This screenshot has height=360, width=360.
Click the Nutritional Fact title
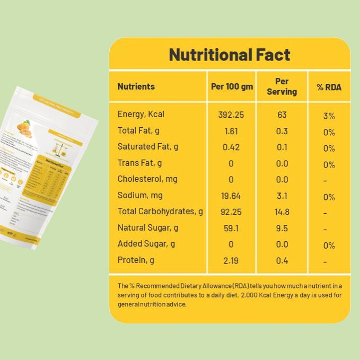pyautogui.click(x=230, y=55)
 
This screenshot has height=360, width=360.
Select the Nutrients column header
pyautogui.click(x=136, y=86)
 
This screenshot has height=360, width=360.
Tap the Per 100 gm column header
pyautogui.click(x=232, y=86)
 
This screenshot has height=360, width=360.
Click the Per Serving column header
pyautogui.click(x=282, y=86)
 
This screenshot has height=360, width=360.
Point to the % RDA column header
pyautogui.click(x=329, y=87)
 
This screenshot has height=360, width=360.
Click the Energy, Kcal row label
pyautogui.click(x=141, y=114)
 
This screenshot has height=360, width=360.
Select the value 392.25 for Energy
pyautogui.click(x=231, y=115)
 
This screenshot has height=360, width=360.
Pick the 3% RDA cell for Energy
pyautogui.click(x=329, y=116)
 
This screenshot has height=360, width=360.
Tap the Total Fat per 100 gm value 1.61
pyautogui.click(x=231, y=131)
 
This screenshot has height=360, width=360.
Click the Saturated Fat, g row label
pyautogui.click(x=148, y=146)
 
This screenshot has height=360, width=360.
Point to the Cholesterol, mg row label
pyautogui.click(x=147, y=179)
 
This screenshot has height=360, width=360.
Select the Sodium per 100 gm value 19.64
pyautogui.click(x=231, y=196)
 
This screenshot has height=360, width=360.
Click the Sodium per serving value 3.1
pyautogui.click(x=282, y=196)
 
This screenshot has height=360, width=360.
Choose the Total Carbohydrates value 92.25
pyautogui.click(x=231, y=212)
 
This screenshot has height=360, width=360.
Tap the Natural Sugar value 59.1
pyautogui.click(x=231, y=228)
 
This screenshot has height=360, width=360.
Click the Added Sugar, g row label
pyautogui.click(x=146, y=244)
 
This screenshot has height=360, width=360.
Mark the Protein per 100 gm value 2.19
pyautogui.click(x=231, y=260)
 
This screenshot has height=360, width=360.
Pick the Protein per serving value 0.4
pyautogui.click(x=282, y=260)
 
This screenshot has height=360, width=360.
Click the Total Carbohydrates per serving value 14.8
pyautogui.click(x=282, y=212)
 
